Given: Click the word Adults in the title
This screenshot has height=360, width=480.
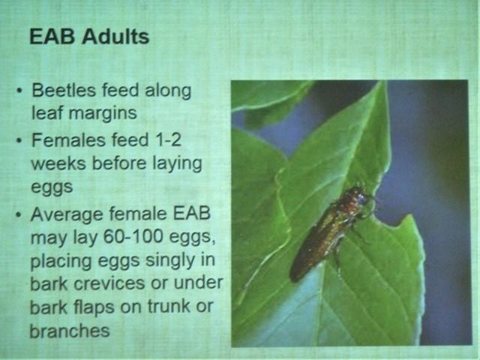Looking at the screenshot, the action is click(x=115, y=37).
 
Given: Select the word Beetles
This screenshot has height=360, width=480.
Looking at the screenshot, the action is click(x=64, y=90).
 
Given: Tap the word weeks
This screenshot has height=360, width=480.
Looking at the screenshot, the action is click(x=58, y=163).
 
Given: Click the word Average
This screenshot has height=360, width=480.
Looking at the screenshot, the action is click(x=67, y=214).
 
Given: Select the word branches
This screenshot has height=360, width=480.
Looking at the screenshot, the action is click(x=70, y=331).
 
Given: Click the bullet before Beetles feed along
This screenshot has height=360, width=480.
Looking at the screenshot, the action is click(x=19, y=91).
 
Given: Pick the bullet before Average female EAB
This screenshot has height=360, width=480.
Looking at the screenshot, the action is click(x=19, y=215).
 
